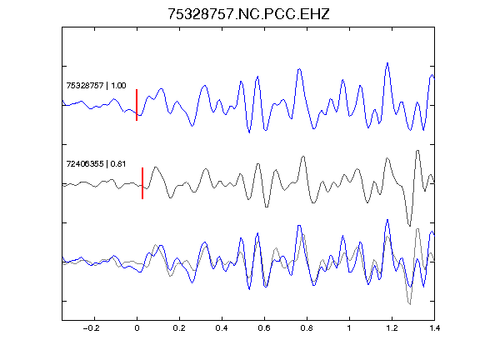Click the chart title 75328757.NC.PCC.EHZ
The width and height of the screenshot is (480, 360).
click(x=248, y=14)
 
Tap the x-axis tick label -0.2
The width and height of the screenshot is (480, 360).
click(x=91, y=328)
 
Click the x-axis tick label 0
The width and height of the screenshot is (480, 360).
click(x=137, y=328)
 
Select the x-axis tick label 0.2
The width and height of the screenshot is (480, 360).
click(x=179, y=328)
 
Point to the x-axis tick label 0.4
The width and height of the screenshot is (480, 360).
click(x=222, y=328)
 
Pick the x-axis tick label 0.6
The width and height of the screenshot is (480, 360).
click(x=264, y=328)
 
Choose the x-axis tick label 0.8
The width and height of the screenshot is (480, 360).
click(x=307, y=328)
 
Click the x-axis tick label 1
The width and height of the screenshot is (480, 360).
click(x=349, y=328)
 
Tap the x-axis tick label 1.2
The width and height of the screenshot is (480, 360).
click(x=392, y=328)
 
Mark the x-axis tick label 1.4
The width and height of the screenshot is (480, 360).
click(x=434, y=328)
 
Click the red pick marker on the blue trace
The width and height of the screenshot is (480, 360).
click(x=137, y=105)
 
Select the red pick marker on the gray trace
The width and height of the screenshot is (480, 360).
click(x=142, y=183)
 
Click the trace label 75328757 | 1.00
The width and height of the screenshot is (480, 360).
click(x=96, y=85)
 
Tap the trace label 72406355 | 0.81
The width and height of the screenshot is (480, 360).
click(x=96, y=164)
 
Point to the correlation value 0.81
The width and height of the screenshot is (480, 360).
click(x=118, y=164)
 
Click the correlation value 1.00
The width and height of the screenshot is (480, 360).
click(x=118, y=85)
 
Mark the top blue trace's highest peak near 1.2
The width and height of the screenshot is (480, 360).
click(x=387, y=63)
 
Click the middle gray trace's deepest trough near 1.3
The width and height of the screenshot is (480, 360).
click(x=410, y=226)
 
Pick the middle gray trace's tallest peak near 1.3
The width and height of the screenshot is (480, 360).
click(x=417, y=151)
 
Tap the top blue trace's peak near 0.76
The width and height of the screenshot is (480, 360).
click(x=299, y=69)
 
